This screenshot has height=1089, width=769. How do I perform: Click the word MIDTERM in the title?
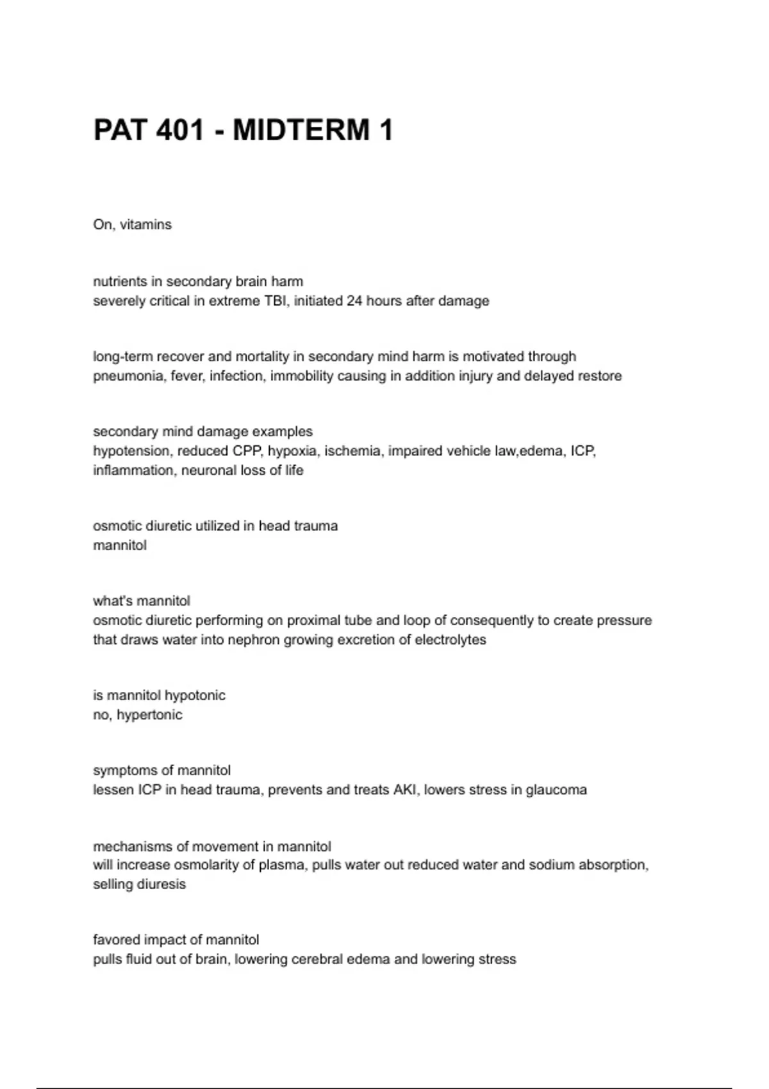tap(301, 130)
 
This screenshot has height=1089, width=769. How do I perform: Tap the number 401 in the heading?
tap(180, 130)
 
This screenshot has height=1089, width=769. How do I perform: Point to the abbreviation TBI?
tap(275, 301)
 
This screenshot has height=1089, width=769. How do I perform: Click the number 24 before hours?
tap(354, 301)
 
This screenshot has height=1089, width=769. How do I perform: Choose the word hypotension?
tap(131, 451)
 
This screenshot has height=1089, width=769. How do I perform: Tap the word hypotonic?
tap(195, 696)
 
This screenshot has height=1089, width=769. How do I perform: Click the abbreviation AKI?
tap(404, 790)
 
